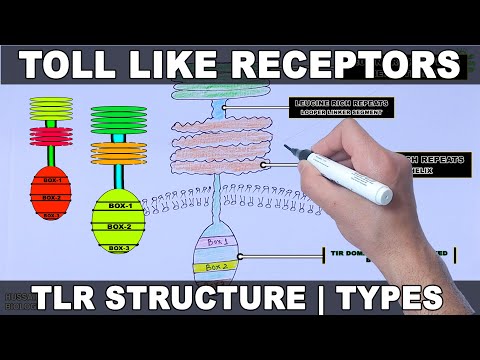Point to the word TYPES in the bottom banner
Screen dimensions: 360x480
(389, 297)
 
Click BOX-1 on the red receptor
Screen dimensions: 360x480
(50, 180)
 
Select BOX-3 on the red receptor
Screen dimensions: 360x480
(50, 212)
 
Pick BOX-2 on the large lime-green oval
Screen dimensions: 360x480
(119, 226)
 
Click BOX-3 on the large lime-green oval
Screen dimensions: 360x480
(119, 247)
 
